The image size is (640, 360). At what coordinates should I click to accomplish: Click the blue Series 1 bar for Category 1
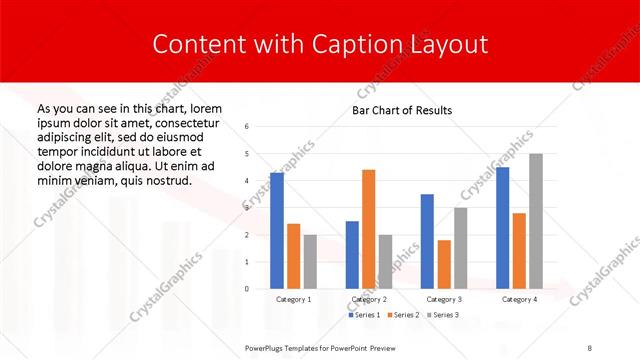coord(277,231)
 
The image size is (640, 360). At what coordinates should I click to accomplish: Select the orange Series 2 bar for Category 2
coord(368,229)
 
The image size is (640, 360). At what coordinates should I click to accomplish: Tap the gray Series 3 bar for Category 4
coord(536,221)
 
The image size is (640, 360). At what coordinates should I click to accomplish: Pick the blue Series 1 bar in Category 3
coord(428,241)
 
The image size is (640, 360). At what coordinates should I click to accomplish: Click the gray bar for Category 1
coord(310,261)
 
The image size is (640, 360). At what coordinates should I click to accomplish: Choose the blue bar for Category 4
coord(503,228)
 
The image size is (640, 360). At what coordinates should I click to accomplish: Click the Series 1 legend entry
coord(364,315)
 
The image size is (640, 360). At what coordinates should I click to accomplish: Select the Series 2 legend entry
coord(402,315)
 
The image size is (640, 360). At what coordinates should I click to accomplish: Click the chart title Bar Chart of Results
coord(402,110)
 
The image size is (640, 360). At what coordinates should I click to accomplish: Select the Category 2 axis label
coord(369,299)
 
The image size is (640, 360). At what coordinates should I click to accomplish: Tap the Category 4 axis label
coord(519,299)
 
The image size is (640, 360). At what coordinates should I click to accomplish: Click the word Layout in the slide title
coord(447,44)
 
